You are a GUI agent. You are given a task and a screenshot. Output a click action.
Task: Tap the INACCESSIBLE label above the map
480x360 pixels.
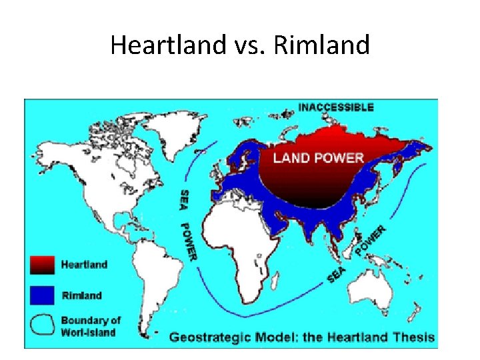coord(336,107)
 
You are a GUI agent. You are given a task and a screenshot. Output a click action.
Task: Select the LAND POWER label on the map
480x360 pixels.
coord(319,158)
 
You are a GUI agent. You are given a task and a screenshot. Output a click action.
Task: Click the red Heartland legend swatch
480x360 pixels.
coord(41,265)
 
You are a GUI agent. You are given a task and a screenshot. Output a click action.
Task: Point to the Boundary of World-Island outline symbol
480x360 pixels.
coord(41,325)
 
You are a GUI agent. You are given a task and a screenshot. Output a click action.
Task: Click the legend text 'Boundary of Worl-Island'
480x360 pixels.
coord(91,326)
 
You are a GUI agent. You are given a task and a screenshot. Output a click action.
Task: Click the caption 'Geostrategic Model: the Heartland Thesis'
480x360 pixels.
coord(301,337)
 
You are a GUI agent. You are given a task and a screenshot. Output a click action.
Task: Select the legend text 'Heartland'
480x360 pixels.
coord(84,265)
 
